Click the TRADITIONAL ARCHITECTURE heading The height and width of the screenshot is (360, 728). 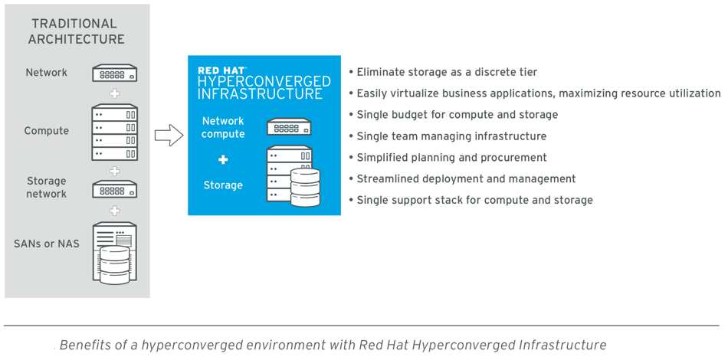76,31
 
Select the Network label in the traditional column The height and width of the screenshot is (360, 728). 47,72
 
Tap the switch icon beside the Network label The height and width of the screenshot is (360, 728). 114,74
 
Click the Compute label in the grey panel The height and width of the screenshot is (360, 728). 47,131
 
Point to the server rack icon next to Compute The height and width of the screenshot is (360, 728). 114,133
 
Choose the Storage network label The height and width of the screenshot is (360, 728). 47,187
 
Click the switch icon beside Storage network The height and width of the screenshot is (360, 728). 114,189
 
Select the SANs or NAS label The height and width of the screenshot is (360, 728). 47,244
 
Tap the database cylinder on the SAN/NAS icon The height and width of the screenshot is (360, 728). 115,265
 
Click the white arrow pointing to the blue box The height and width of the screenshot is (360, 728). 169,135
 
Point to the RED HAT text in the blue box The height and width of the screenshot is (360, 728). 221,70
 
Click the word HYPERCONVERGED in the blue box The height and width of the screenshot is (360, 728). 264,82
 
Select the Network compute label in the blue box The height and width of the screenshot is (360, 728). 223,127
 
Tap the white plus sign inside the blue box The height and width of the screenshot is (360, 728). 223,159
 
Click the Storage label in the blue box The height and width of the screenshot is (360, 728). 223,185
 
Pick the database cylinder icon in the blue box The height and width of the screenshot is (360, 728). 305,188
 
